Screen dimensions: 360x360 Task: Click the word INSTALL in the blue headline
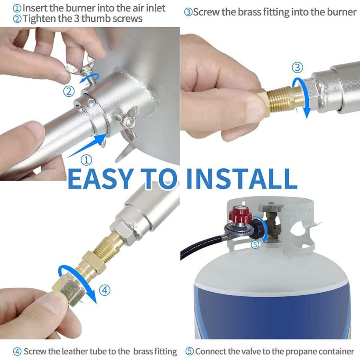coord(242,178)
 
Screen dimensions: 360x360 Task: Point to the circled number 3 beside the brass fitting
coord(297,68)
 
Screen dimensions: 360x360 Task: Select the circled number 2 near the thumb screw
coord(69,92)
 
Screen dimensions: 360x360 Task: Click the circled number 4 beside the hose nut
coord(105,290)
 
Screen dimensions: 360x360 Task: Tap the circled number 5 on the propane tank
coord(255,244)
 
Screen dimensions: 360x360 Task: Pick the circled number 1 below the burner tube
coord(86,160)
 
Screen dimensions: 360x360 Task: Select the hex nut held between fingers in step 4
coord(68,291)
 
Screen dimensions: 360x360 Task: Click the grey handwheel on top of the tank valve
coord(271,207)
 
